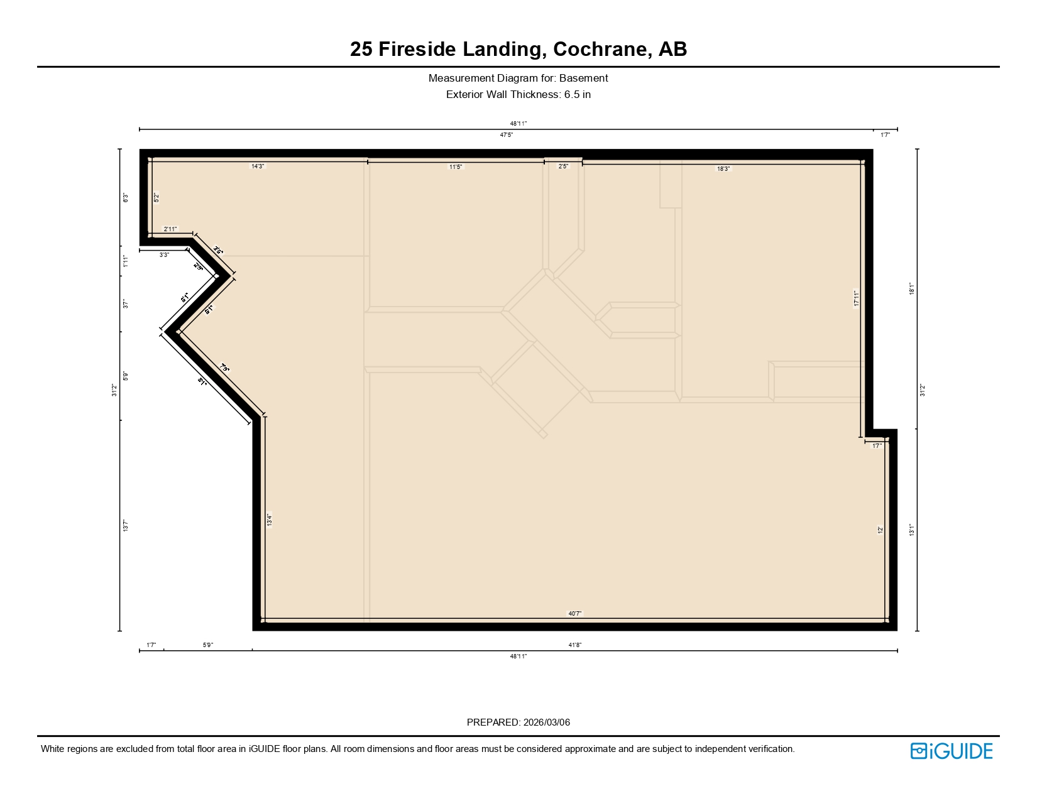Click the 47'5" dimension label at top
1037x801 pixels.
[506, 135]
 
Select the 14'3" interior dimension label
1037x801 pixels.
[258, 166]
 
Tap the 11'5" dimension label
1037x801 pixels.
[456, 167]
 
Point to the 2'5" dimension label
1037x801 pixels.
[563, 166]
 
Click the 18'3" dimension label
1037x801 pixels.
[723, 169]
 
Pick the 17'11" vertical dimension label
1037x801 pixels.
[856, 298]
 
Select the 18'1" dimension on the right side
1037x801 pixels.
[911, 289]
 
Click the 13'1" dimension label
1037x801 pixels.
[911, 530]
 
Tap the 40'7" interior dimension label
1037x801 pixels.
[574, 614]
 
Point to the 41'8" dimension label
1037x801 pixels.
[574, 645]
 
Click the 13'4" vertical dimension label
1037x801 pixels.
[269, 520]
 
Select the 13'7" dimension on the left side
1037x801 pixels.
[126, 526]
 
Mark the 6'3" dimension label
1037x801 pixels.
[126, 198]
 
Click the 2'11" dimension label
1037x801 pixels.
[170, 229]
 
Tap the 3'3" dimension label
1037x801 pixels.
[164, 255]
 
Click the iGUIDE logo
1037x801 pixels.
[952, 751]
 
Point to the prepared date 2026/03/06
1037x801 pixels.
[546, 722]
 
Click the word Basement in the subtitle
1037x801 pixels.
[584, 79]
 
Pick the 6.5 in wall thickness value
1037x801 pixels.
[578, 95]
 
